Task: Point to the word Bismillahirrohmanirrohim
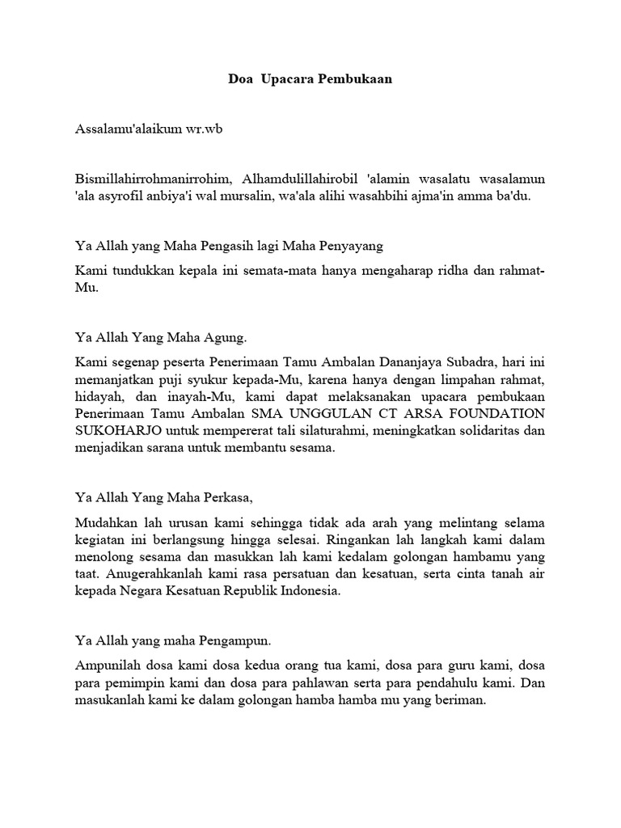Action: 150,177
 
